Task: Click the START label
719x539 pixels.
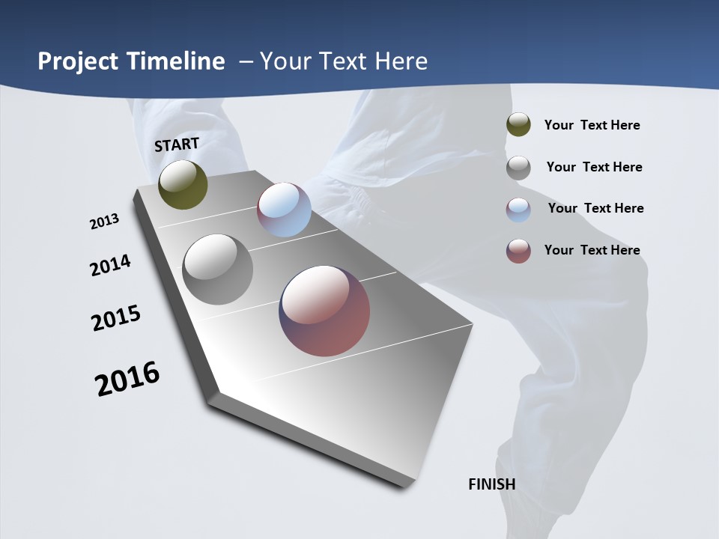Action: [x=177, y=144]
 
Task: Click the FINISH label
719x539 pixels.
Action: [x=491, y=484]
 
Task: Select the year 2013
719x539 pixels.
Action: [x=104, y=222]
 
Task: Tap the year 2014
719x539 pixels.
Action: [x=110, y=265]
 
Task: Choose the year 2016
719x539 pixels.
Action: [x=127, y=379]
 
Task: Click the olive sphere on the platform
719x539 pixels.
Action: [x=183, y=184]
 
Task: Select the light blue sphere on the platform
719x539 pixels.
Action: [x=284, y=210]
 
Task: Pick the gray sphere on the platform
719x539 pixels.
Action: [x=217, y=269]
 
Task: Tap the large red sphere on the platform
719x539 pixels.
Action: [x=324, y=310]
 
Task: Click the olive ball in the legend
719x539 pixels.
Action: [x=518, y=124]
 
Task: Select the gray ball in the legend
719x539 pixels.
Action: [x=518, y=167]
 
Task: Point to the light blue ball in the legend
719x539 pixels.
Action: [x=518, y=209]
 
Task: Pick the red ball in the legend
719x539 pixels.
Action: [x=518, y=251]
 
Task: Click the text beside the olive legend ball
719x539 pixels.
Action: [x=592, y=125]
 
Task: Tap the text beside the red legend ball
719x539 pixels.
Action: [x=592, y=250]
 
